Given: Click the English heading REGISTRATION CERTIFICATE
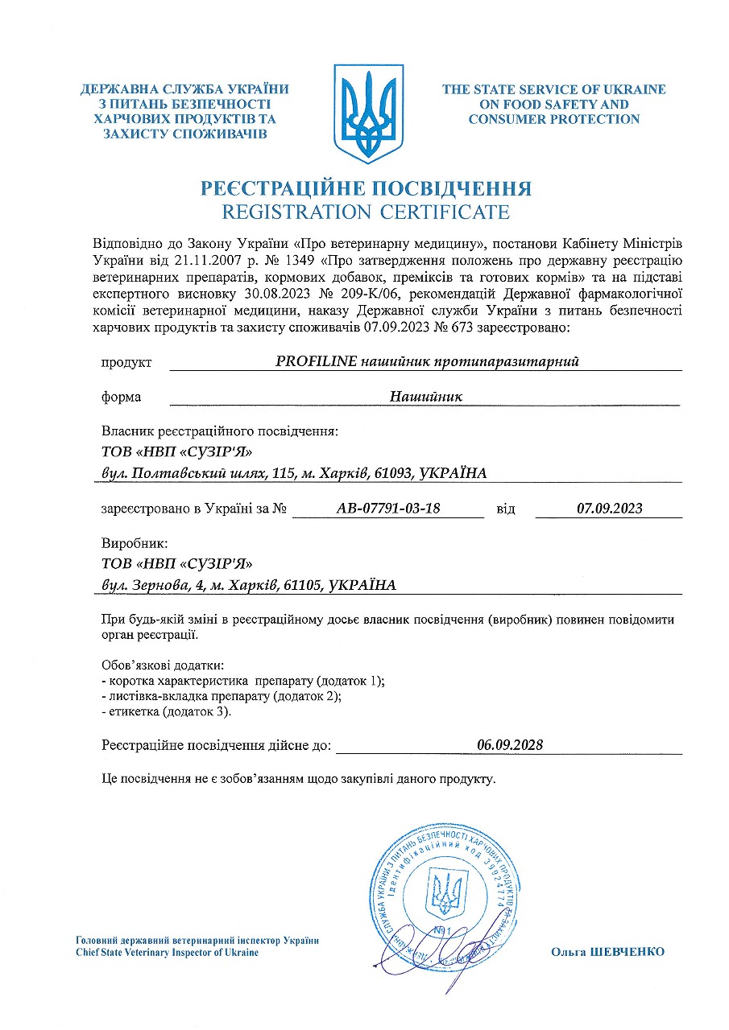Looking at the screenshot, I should [x=366, y=212].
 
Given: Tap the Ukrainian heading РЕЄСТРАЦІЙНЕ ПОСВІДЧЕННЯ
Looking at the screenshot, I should [x=366, y=189].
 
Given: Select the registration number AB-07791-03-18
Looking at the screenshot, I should [x=387, y=509].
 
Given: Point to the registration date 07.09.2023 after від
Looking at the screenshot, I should [x=610, y=509].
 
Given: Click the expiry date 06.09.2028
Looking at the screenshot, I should [x=509, y=745].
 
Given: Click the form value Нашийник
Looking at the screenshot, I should [x=426, y=397].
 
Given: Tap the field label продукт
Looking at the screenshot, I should [x=126, y=363].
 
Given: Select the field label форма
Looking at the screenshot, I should [x=122, y=398].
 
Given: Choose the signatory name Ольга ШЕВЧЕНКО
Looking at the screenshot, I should [x=607, y=952].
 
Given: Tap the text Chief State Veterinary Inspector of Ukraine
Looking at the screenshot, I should [x=168, y=953].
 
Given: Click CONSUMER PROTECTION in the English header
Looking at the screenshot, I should [x=553, y=119].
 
